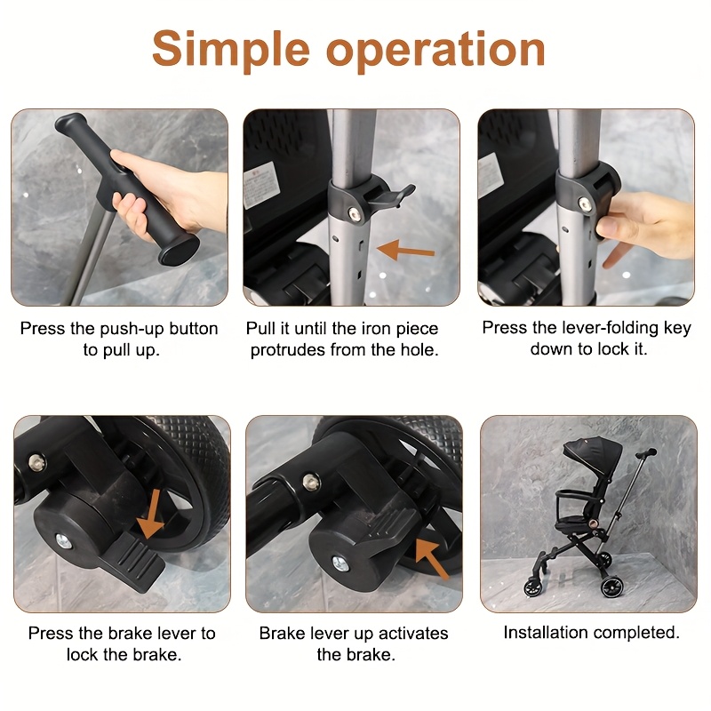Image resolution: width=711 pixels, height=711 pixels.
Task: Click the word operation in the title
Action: tap(435, 51)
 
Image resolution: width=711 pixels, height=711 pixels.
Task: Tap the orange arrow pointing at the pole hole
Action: tap(405, 250)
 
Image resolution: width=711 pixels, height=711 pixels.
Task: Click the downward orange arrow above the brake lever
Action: tap(151, 515)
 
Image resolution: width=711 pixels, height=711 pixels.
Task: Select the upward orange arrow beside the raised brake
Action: tap(433, 557)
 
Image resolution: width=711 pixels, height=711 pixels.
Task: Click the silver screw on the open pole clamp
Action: tap(355, 213)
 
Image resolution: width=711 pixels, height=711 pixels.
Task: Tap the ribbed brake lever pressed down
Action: tap(136, 562)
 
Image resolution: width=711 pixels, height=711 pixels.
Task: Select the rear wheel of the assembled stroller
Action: tap(612, 587)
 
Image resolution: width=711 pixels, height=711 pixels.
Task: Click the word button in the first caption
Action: tap(193, 328)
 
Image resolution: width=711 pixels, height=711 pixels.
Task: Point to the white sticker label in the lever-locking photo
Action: tap(491, 174)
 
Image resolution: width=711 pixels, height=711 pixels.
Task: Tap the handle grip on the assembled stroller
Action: tap(646, 453)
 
